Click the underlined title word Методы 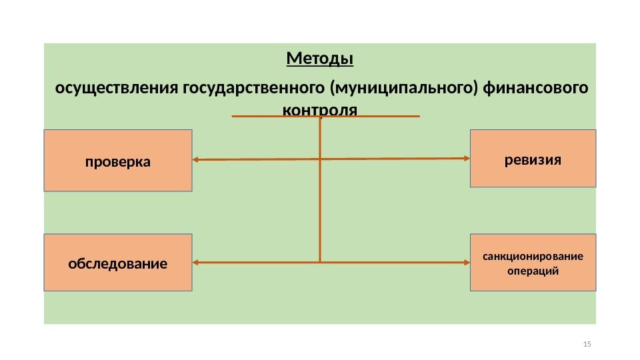click(x=320, y=59)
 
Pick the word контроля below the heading click(x=320, y=108)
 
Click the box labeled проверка click(x=118, y=161)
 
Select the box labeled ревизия click(x=533, y=159)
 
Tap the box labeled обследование click(x=118, y=263)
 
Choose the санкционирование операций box click(x=533, y=263)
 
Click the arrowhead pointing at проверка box click(x=197, y=160)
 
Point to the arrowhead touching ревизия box click(x=467, y=158)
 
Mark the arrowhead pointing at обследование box click(x=197, y=262)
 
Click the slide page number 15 click(x=587, y=344)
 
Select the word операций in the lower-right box click(x=533, y=271)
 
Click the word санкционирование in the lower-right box click(x=533, y=256)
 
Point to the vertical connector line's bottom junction click(x=321, y=262)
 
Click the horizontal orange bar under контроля click(x=326, y=117)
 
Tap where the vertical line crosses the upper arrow click(x=321, y=159)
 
